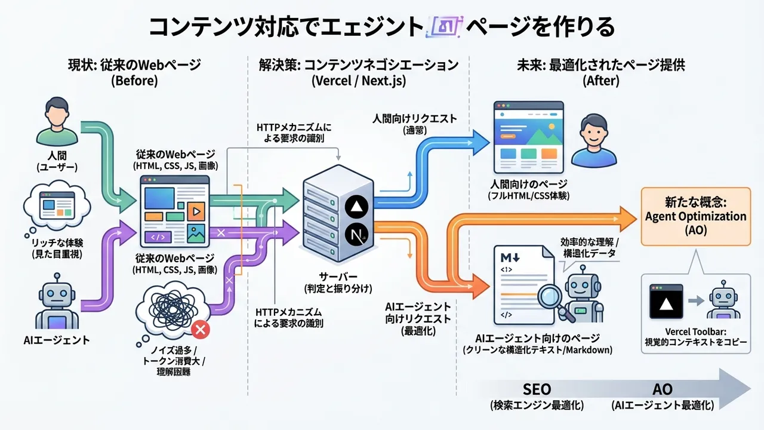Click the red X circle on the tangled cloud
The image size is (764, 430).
201,329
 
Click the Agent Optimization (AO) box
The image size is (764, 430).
695,216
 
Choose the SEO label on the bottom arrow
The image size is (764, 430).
537,389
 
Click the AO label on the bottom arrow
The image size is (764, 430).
663,389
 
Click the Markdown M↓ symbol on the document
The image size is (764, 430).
510,258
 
